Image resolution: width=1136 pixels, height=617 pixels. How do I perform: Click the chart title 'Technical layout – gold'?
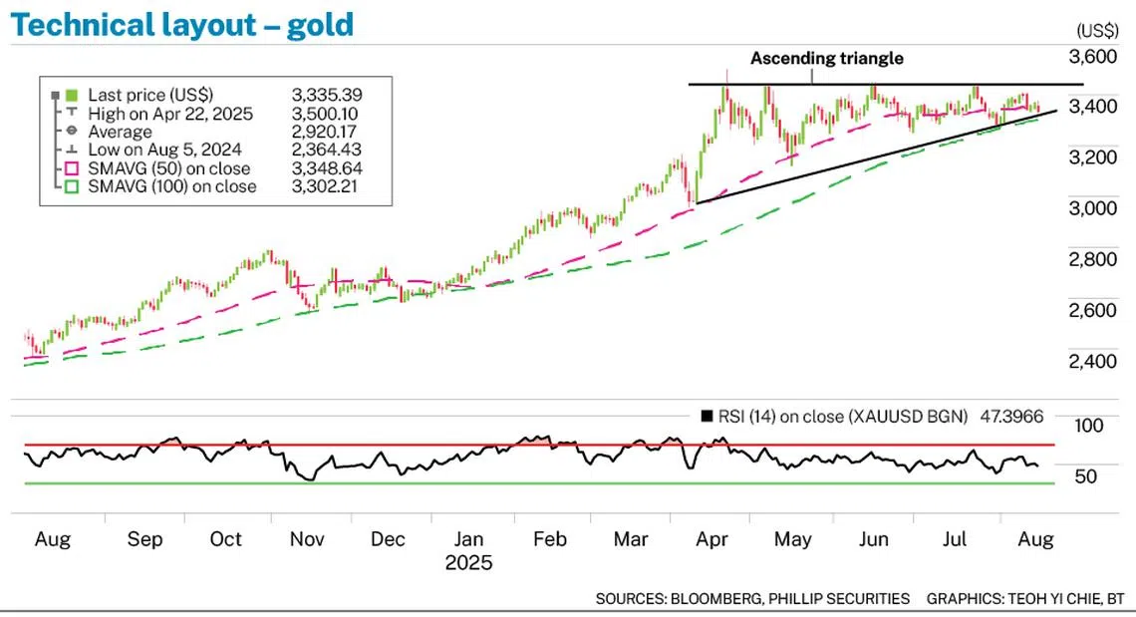coord(181,24)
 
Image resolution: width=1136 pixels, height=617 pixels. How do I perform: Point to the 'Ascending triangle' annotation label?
coord(826,58)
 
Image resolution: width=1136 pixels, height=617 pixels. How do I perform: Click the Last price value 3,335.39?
coord(326,95)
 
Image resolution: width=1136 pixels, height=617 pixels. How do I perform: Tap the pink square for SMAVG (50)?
coord(71,168)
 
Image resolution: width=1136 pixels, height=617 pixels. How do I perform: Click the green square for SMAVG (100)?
coord(71,187)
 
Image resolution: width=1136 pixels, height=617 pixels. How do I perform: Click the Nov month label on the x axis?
coord(307,539)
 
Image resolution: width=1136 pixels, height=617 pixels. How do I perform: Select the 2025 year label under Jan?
coord(468,562)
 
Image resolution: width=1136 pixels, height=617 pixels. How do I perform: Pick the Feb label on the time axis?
coord(550,539)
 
